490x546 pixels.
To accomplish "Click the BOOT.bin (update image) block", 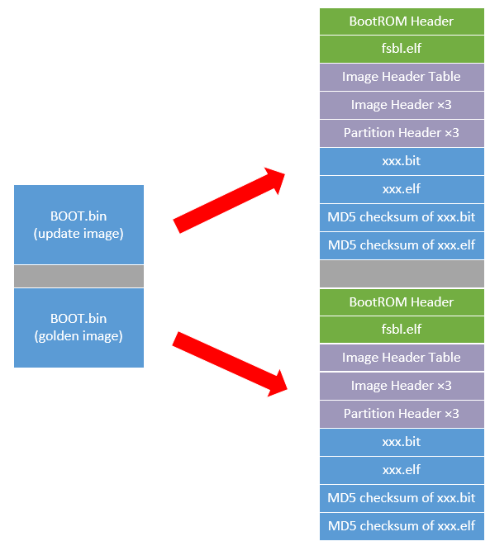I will (78, 225).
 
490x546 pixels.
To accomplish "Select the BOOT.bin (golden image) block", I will (78, 327).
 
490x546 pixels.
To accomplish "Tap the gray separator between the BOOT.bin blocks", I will (78, 276).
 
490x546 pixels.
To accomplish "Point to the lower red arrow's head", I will (273, 381).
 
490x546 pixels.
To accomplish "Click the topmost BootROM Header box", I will (402, 21).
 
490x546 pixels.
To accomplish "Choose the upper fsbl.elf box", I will (402, 49).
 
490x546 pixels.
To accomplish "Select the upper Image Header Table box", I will (402, 77).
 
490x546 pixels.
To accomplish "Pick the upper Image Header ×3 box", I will (402, 105).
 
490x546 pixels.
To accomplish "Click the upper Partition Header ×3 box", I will (402, 133).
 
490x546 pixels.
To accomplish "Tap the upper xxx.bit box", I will (402, 161).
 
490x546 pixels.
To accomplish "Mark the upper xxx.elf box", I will (402, 189).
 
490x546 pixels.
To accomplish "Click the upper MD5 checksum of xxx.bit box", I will (402, 217).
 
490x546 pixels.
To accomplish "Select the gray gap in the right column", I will (402, 273).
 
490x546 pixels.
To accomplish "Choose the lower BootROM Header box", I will (402, 301).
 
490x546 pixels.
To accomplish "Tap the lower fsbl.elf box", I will (402, 330).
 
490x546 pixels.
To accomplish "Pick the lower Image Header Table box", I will (402, 358).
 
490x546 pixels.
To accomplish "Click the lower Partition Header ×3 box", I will (402, 414).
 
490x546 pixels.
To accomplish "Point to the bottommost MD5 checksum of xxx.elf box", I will (402, 526).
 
